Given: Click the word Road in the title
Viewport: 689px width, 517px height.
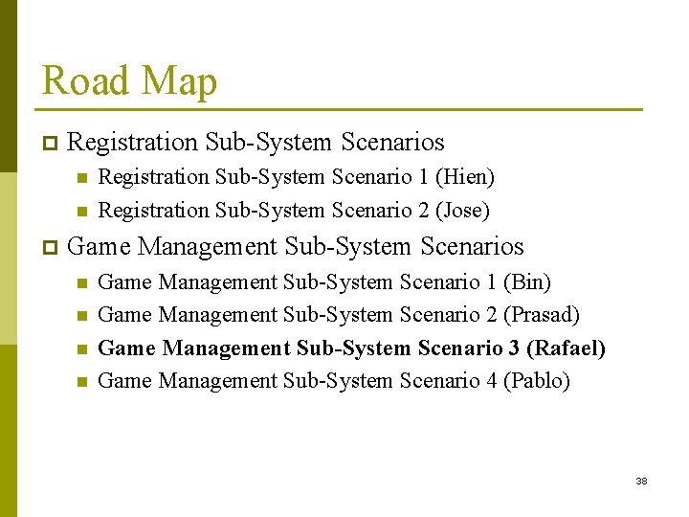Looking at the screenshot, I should pyautogui.click(x=84, y=81).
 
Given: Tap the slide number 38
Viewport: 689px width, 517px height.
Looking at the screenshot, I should pyautogui.click(x=641, y=481).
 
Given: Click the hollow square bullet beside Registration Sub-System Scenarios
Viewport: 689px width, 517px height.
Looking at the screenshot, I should pyautogui.click(x=50, y=144).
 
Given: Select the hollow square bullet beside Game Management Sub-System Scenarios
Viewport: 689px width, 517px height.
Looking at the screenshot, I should pyautogui.click(x=50, y=247).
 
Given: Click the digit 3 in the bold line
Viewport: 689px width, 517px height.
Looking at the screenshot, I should pyautogui.click(x=513, y=348).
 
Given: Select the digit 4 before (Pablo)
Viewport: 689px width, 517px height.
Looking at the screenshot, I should pyautogui.click(x=491, y=380).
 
